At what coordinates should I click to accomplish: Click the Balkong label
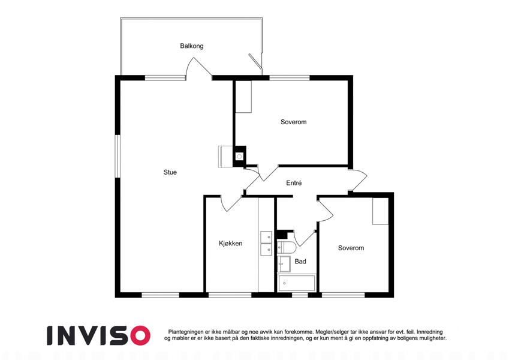[x=191, y=46]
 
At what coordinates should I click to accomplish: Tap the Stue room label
[x=170, y=172]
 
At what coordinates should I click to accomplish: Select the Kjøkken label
[x=230, y=244]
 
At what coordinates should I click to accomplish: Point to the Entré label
[x=294, y=183]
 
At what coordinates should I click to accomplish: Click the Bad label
[x=300, y=261]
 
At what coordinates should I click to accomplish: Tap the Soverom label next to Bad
[x=351, y=248]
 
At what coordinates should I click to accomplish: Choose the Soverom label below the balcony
[x=293, y=122]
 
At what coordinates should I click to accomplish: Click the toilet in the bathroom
[x=287, y=248]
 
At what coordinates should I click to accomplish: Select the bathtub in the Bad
[x=296, y=283]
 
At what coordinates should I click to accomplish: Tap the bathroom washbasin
[x=284, y=264]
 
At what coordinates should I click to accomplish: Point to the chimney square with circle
[x=240, y=157]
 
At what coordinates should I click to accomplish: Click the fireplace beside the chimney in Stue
[x=225, y=157]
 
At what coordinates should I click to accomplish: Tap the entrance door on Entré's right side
[x=357, y=179]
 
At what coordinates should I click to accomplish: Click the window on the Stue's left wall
[x=118, y=156]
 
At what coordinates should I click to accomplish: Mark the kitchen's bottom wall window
[x=230, y=295]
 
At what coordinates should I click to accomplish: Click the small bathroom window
[x=300, y=295]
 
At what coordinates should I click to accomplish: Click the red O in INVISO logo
[x=140, y=335]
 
